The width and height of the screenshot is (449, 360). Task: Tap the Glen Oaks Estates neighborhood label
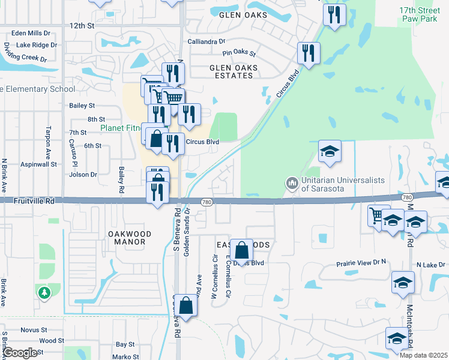tap(234, 72)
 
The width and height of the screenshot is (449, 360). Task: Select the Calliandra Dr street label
tap(206, 42)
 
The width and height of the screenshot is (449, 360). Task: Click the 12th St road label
tap(82, 26)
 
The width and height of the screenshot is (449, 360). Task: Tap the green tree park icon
tap(43, 292)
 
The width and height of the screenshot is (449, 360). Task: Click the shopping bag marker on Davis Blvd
tap(241, 251)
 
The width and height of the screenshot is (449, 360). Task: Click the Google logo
tap(20, 353)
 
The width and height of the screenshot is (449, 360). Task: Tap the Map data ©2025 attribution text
tap(424, 355)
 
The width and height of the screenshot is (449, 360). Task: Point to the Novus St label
tap(34, 330)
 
